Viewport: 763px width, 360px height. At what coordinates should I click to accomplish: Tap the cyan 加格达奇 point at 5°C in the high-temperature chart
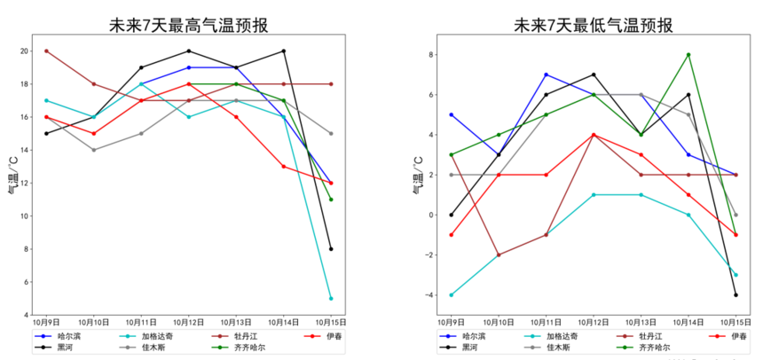(x=331, y=298)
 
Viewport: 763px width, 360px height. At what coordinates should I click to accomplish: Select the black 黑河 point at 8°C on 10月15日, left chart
(x=331, y=248)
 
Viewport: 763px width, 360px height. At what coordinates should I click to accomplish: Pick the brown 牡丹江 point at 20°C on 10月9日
(x=46, y=51)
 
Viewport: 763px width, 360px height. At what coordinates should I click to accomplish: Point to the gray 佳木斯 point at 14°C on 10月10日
(x=94, y=150)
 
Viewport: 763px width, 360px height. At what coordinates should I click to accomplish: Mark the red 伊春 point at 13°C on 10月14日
(x=283, y=166)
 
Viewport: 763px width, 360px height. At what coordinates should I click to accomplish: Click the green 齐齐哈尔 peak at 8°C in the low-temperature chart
(x=688, y=55)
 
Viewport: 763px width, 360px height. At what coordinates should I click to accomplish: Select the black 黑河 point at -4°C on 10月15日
(x=735, y=294)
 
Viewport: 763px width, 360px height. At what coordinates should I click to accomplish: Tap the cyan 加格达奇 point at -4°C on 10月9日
(x=451, y=294)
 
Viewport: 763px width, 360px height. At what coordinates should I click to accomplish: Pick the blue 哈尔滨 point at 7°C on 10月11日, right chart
(x=546, y=74)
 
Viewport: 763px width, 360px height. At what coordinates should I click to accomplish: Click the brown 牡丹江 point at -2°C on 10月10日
(x=499, y=254)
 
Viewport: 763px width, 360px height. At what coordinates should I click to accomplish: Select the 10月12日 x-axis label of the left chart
(x=189, y=322)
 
